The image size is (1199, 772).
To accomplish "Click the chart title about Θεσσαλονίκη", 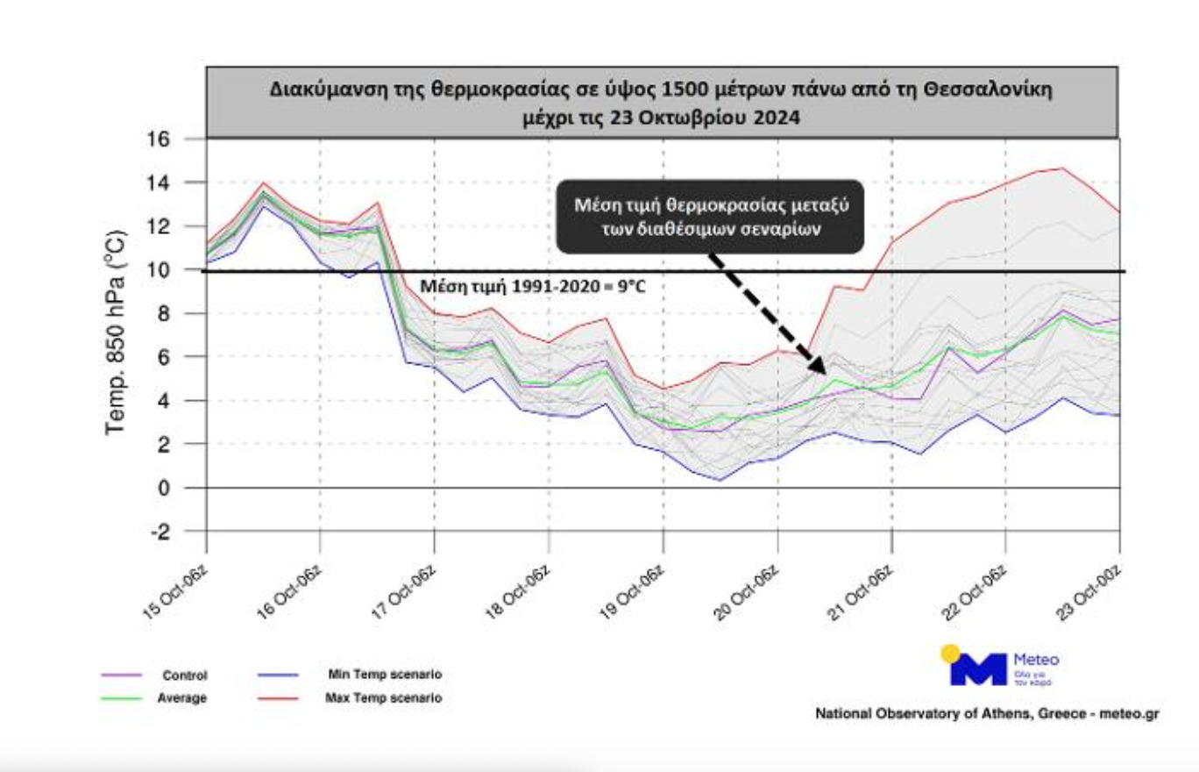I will (x=662, y=102).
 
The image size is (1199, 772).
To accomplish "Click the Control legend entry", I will (x=185, y=675).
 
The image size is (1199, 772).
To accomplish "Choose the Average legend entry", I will (x=185, y=698).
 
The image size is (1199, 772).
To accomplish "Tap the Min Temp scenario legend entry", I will (x=385, y=675).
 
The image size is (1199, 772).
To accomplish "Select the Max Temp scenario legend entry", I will (x=383, y=698).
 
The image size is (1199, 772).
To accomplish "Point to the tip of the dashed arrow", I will (x=824, y=373).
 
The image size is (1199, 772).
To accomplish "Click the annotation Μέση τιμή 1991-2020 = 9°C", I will (x=533, y=286).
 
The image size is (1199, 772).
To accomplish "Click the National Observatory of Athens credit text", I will (x=988, y=714).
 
